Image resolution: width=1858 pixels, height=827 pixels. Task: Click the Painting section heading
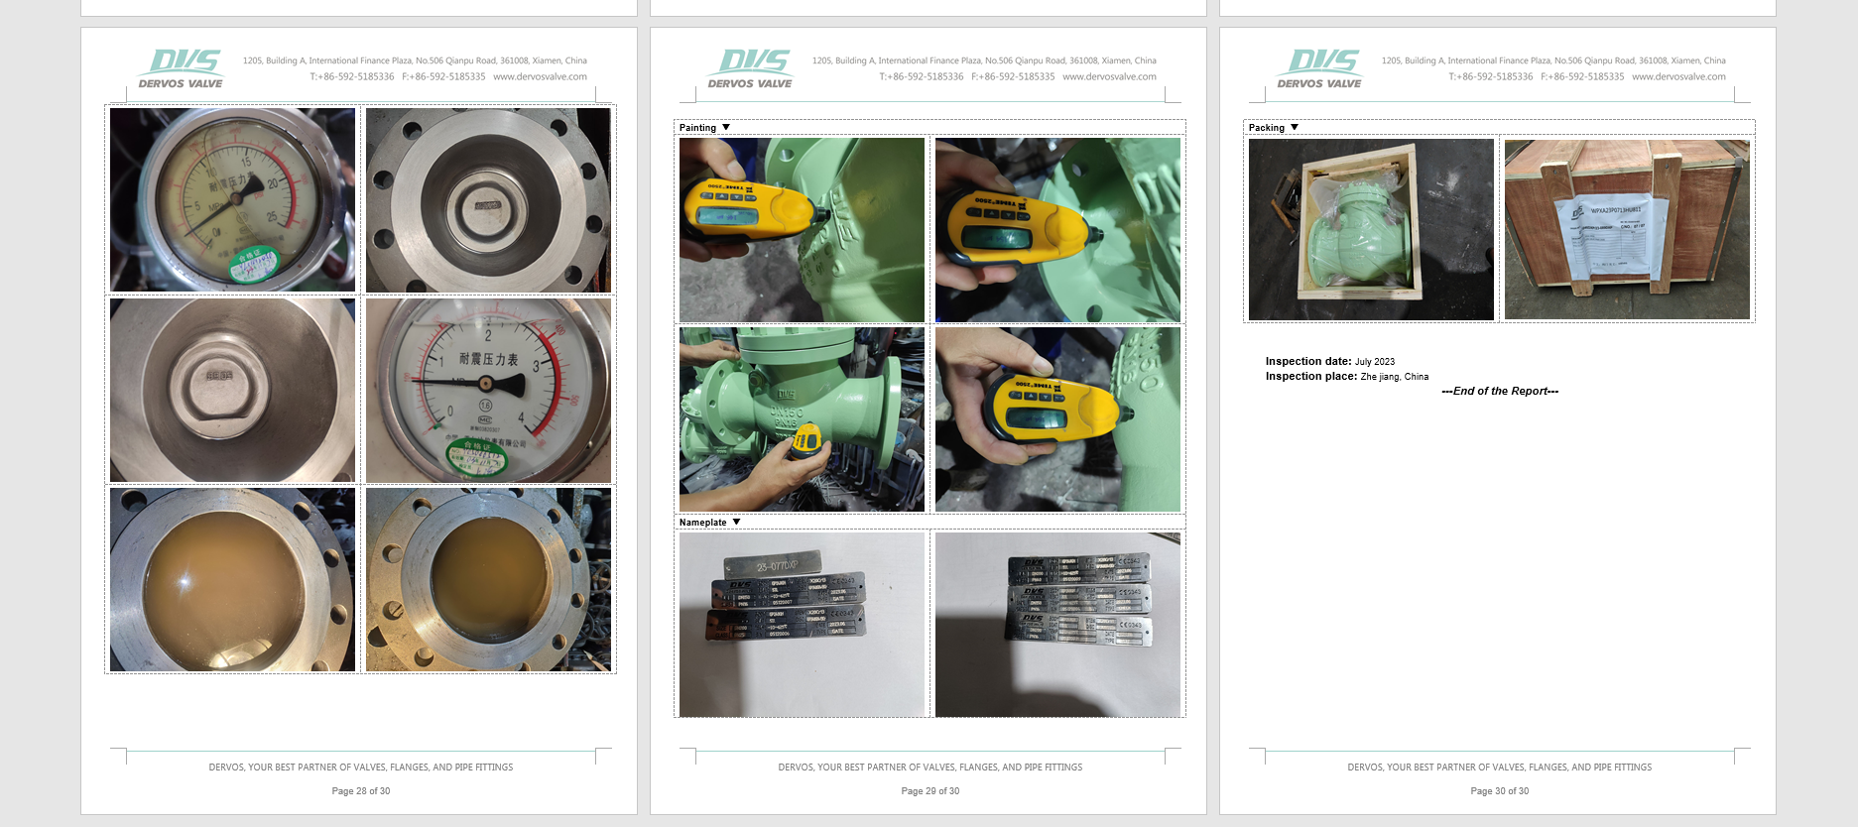(x=697, y=128)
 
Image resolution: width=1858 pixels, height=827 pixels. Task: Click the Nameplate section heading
(x=702, y=523)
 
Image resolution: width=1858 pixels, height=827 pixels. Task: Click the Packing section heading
(x=1266, y=128)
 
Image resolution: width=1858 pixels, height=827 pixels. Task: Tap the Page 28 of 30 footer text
(x=360, y=791)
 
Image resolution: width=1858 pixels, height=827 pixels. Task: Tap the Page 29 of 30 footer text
(x=929, y=791)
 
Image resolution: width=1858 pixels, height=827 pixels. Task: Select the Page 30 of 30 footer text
(x=1499, y=791)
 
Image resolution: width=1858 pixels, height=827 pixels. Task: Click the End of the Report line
(x=1499, y=392)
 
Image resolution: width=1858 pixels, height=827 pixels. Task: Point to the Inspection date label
(x=1307, y=362)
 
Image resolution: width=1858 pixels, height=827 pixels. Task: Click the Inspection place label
(x=1310, y=377)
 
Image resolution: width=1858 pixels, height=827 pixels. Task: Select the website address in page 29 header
(x=1109, y=76)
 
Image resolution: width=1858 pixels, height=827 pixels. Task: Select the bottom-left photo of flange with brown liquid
(x=232, y=579)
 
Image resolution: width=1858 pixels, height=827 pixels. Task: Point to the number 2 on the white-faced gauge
(x=487, y=336)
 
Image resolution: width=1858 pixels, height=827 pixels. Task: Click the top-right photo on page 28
(x=488, y=200)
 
